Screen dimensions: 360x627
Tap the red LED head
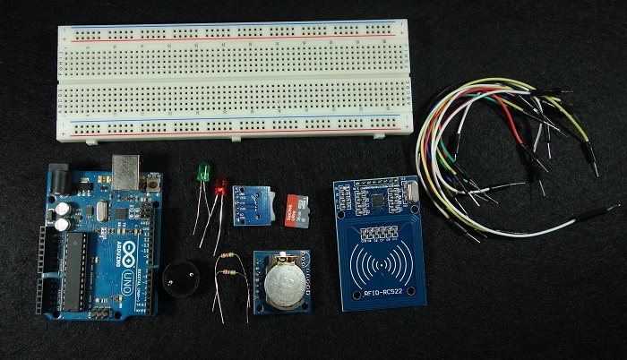point(221,187)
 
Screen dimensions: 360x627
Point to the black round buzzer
point(184,277)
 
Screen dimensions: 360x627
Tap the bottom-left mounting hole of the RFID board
point(347,300)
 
